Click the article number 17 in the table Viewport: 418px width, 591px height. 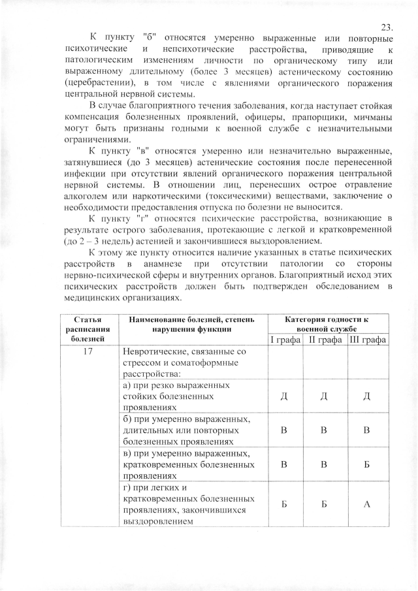87,353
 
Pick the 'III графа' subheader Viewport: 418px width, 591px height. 368,340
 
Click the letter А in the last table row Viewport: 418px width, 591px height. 368,505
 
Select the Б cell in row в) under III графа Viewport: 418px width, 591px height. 368,464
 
